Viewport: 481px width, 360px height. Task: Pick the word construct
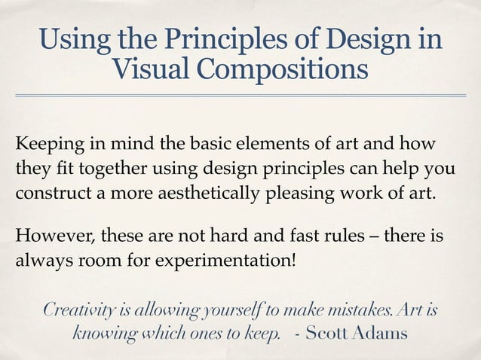click(48, 190)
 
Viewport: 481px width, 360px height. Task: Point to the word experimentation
click(226, 261)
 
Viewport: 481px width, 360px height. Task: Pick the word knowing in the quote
click(106, 334)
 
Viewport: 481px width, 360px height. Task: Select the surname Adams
click(381, 334)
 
